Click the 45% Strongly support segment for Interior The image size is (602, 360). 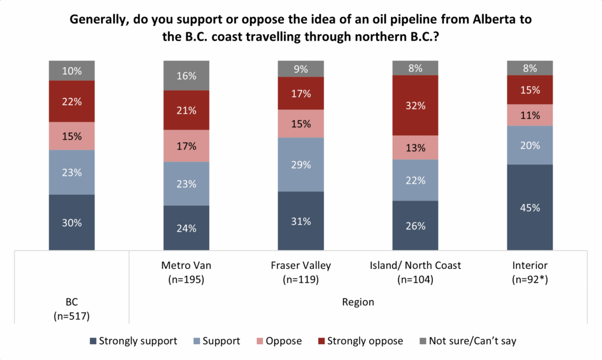(x=530, y=207)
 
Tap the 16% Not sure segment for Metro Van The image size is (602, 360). (x=186, y=75)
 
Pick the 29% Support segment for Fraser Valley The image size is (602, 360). (x=300, y=165)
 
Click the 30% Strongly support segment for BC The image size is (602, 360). (x=72, y=222)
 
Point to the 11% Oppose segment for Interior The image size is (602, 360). (x=530, y=115)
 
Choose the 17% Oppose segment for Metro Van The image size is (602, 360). (x=186, y=146)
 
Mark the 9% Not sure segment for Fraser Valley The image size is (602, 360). (x=300, y=69)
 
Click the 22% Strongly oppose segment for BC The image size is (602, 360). (x=72, y=101)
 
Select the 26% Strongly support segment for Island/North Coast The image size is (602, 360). (x=415, y=226)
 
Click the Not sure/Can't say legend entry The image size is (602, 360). (x=467, y=341)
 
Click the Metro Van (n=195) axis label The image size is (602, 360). (x=186, y=272)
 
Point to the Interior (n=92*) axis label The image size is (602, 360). (x=530, y=272)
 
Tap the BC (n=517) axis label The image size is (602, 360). (x=72, y=309)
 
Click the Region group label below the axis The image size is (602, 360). (x=358, y=302)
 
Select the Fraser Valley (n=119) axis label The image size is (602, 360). (x=300, y=272)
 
